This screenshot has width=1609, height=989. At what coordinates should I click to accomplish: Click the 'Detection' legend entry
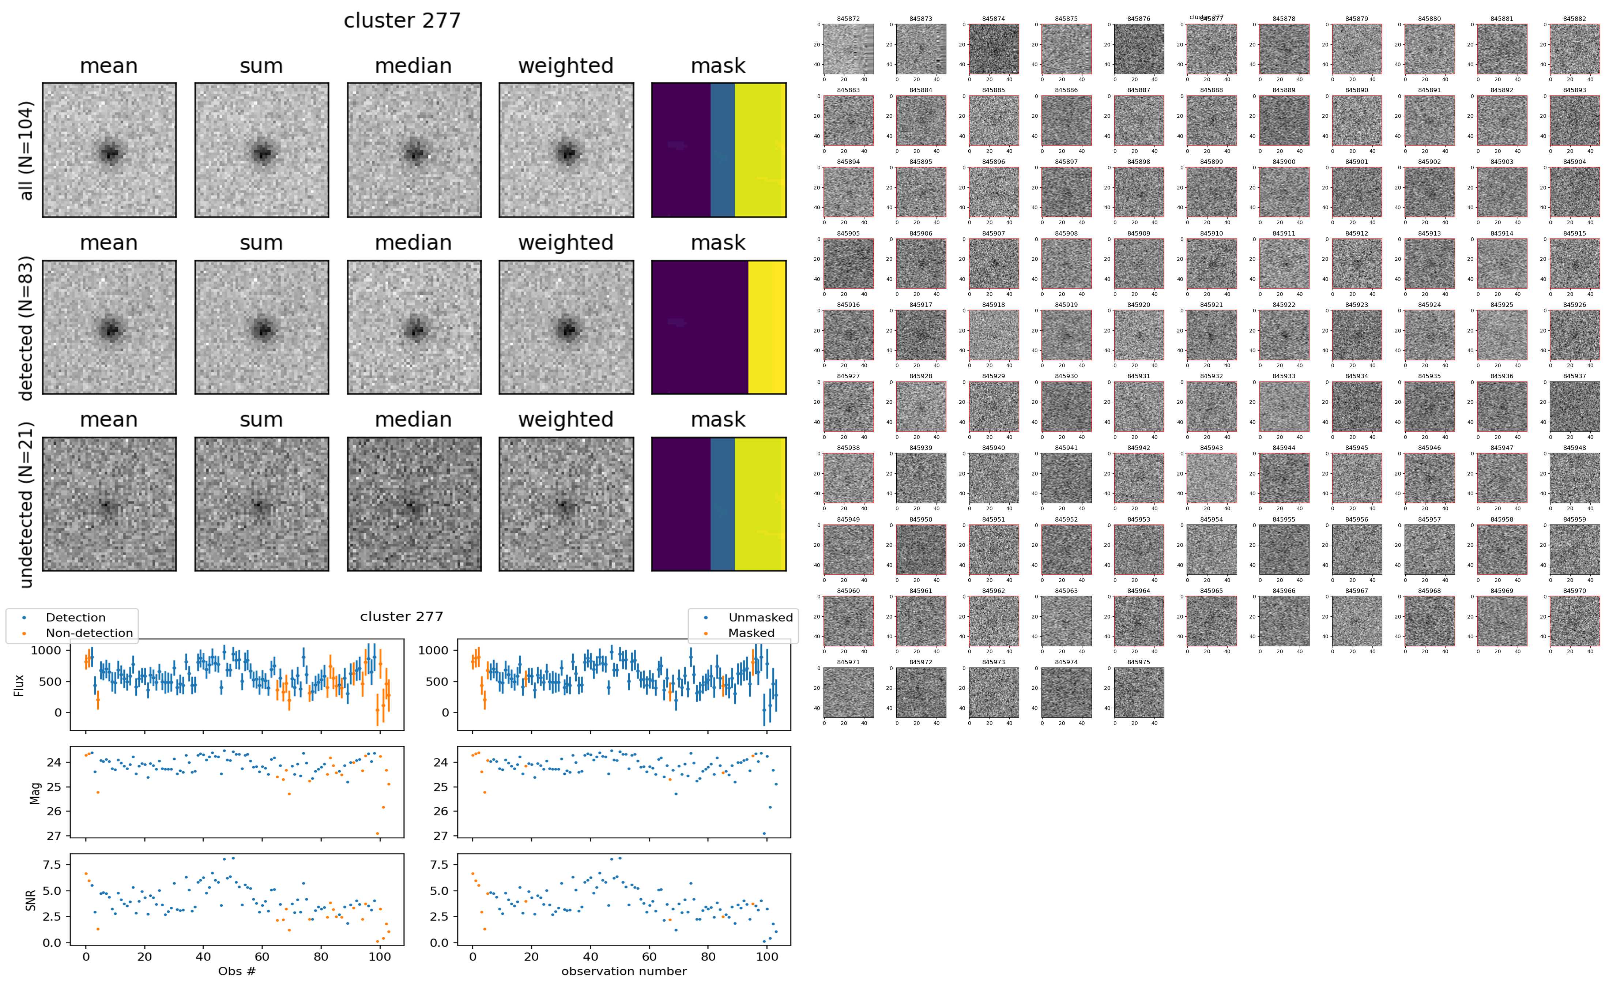coord(75,617)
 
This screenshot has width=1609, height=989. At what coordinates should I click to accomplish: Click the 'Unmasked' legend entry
coord(760,617)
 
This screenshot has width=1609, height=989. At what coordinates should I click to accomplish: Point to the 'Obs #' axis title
coord(237,971)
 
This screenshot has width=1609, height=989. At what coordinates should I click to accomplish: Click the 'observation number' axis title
coord(624,971)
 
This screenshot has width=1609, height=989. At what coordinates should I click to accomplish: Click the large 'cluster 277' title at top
coord(402,21)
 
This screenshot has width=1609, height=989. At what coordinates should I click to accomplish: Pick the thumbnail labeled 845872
coord(848,49)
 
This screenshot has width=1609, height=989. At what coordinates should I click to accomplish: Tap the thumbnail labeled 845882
coord(1574,49)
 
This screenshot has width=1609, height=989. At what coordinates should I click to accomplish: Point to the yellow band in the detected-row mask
coord(766,327)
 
